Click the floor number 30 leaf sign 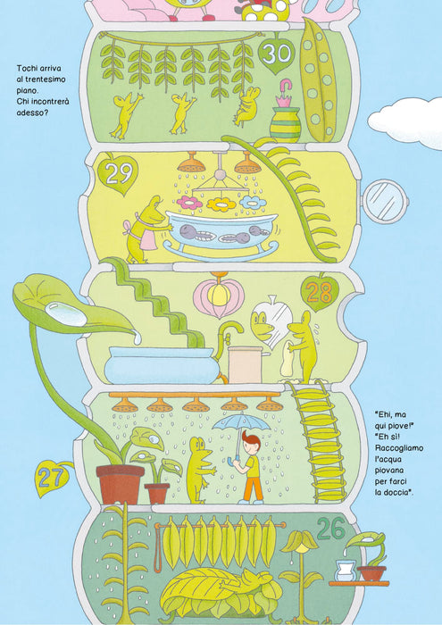point(276,54)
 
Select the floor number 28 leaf point(320,292)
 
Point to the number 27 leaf point(51,478)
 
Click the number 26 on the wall point(330,529)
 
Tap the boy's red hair point(251,440)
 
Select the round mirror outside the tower point(385,201)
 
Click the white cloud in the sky point(405,122)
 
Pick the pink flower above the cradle point(189,203)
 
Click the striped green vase point(285,124)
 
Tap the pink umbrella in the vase point(284,93)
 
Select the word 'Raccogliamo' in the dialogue point(399,448)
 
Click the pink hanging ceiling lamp point(219,296)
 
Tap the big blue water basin point(162,364)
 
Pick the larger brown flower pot point(120,484)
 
